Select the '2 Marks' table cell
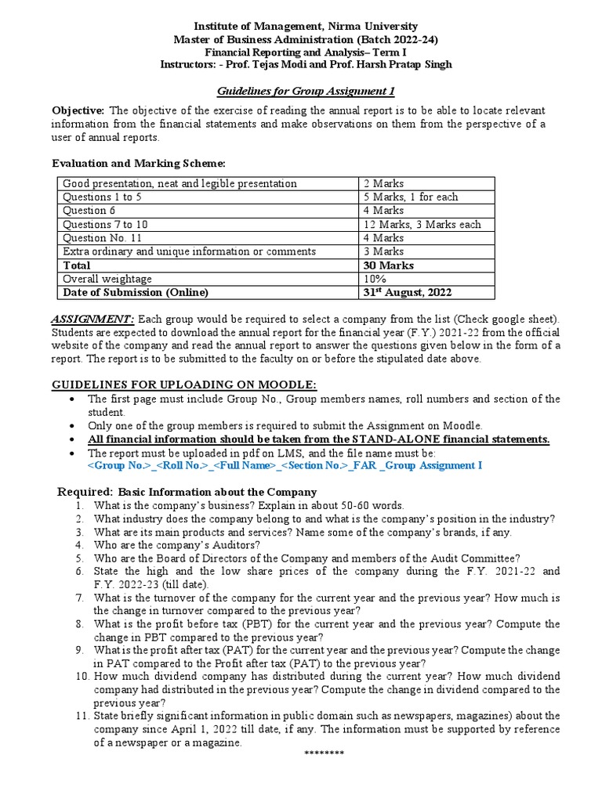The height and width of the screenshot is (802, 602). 388,183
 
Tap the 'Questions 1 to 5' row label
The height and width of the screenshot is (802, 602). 101,197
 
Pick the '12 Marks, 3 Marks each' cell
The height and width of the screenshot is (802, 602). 426,224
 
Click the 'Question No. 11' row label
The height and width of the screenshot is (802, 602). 101,238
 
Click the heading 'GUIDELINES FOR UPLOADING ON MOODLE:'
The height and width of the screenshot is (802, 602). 183,384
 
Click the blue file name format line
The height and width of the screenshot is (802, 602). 285,466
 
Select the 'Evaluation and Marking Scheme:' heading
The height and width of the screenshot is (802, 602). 138,163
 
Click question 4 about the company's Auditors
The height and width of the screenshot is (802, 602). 176,544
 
